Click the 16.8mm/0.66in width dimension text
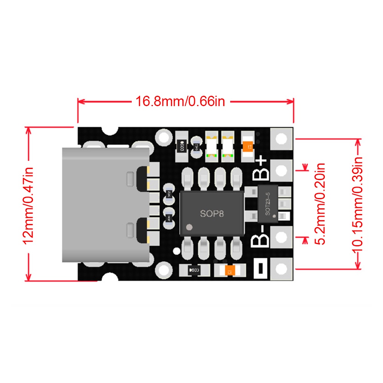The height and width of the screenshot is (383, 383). point(180,101)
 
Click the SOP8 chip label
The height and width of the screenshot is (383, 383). point(211,214)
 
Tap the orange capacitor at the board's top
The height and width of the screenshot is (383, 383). point(248,146)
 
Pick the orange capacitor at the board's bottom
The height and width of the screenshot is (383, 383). point(229,270)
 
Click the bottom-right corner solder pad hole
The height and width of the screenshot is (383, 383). point(282,269)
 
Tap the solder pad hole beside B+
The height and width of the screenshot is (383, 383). point(282,170)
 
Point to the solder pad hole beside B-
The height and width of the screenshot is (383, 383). point(282,237)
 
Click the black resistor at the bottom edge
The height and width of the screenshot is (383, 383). point(195,270)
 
